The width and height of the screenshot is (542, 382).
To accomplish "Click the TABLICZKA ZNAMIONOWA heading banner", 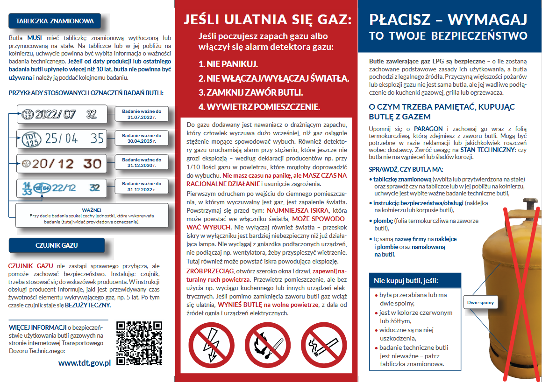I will tap(55, 21).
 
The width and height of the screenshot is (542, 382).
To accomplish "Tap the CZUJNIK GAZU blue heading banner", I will tap(57, 245).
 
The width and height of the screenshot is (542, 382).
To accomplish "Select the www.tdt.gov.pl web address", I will tap(85, 362).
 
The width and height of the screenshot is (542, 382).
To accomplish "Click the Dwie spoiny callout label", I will tap(480, 303).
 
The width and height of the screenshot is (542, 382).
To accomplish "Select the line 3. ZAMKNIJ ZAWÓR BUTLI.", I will tap(250, 92).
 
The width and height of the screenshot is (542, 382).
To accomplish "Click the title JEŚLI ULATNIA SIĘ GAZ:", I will tap(267, 19).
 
